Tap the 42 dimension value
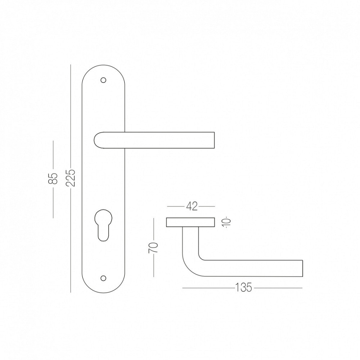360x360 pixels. [x=192, y=206]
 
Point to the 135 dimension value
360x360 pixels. [x=244, y=287]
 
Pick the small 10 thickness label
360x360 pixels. [x=226, y=222]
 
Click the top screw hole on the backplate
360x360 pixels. [x=104, y=80]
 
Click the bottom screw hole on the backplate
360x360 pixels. [x=104, y=278]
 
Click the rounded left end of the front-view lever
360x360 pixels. [x=95, y=140]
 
